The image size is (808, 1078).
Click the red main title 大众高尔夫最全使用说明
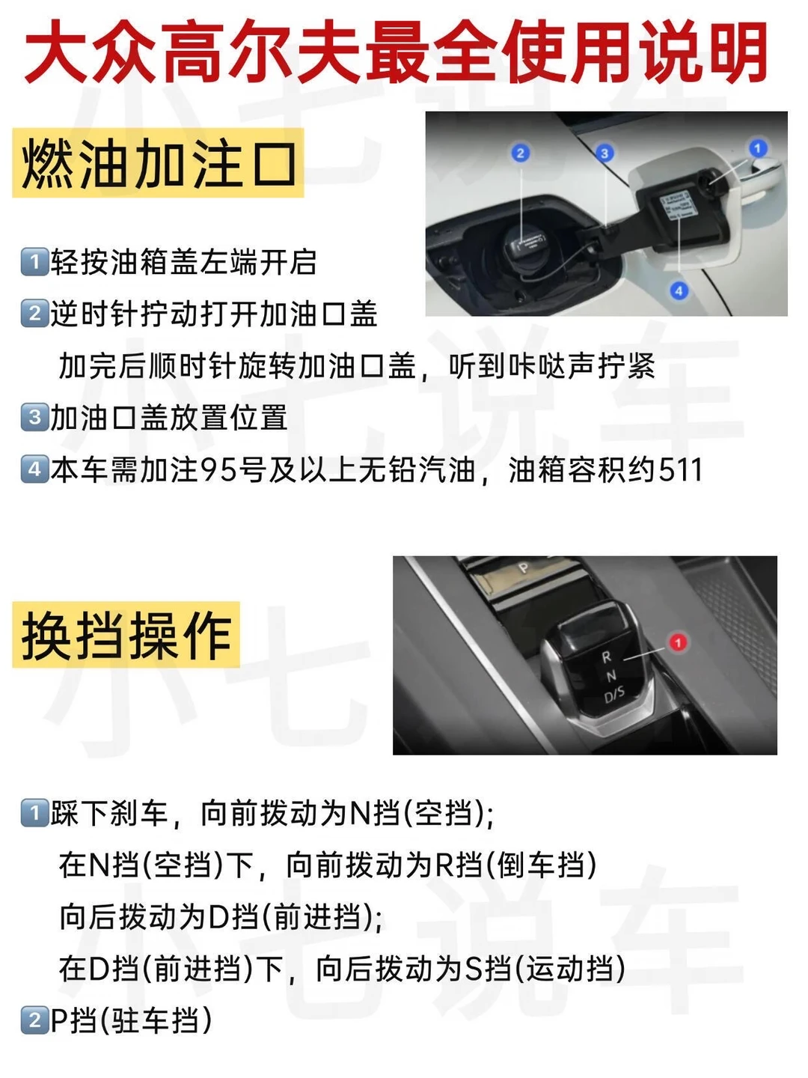click(x=396, y=51)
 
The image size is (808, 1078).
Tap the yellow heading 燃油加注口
click(x=158, y=162)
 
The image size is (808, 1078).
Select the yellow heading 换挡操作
click(x=126, y=635)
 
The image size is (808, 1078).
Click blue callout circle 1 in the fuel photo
click(x=757, y=147)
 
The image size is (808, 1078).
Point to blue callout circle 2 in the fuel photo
click(x=521, y=153)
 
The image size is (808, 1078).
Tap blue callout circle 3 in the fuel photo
click(x=605, y=153)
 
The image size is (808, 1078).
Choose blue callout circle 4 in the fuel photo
click(x=679, y=290)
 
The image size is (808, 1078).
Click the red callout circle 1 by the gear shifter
click(x=678, y=642)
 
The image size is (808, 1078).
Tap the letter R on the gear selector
click(x=606, y=657)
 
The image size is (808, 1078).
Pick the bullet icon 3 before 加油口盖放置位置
click(x=34, y=418)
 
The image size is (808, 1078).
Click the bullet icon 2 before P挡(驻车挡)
click(x=34, y=1020)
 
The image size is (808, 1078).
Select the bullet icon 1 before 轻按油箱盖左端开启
click(x=34, y=262)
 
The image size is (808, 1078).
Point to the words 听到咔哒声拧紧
click(x=551, y=366)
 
